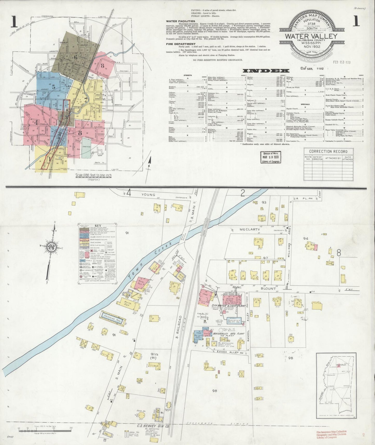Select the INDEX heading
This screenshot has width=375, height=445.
click(x=266, y=71)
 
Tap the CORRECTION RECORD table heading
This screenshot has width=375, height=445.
click(x=328, y=152)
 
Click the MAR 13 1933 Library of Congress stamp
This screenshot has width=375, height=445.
click(x=271, y=157)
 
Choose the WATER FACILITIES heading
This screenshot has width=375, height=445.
click(x=180, y=21)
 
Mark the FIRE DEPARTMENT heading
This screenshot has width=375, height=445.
click(x=181, y=44)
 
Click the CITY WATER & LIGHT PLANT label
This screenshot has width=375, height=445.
click(x=228, y=306)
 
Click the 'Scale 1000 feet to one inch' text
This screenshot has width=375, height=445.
click(x=93, y=176)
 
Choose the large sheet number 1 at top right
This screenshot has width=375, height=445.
click(x=356, y=22)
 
